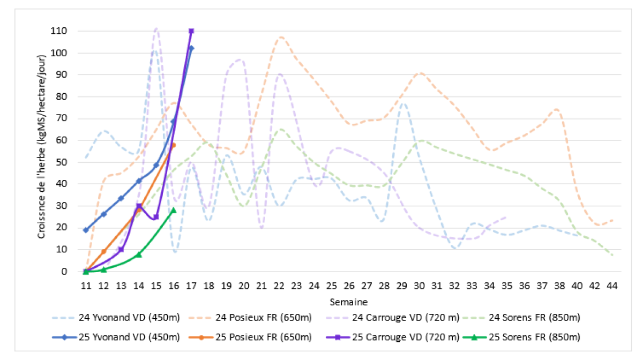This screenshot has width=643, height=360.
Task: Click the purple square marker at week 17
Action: coord(191,31)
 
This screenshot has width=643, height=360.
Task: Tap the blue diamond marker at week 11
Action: coord(86,230)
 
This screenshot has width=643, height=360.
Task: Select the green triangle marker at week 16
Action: coord(173,210)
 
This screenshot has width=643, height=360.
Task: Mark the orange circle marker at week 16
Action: coord(173,145)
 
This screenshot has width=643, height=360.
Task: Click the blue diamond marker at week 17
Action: coord(191,48)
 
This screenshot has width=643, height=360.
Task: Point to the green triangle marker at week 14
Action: coord(138,254)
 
